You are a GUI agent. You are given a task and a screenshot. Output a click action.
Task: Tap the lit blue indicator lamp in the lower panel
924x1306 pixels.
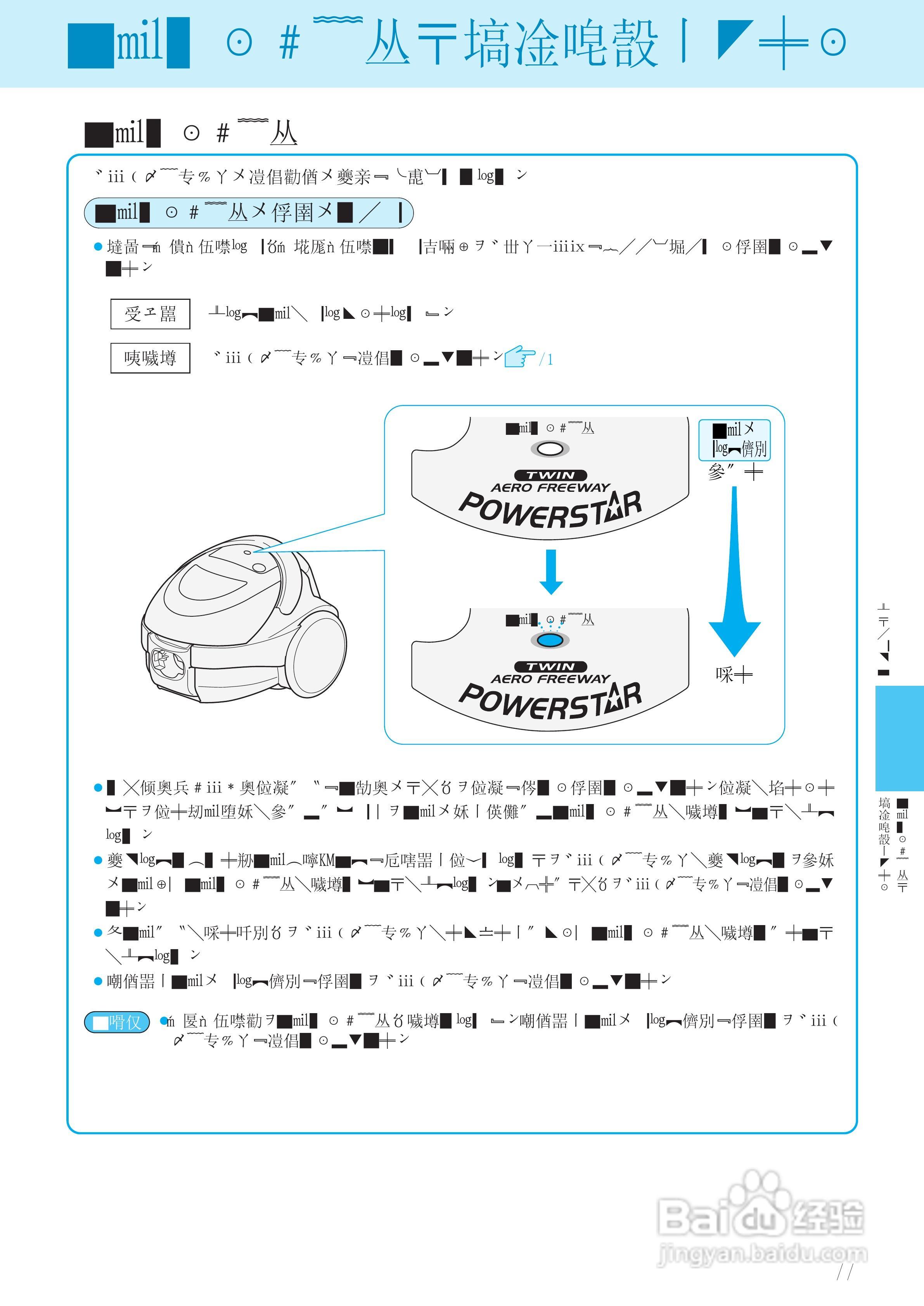pyautogui.click(x=550, y=640)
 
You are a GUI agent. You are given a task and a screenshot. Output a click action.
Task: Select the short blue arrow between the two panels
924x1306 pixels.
pyautogui.click(x=551, y=571)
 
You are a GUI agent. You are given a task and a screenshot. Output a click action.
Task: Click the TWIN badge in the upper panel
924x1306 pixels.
pyautogui.click(x=550, y=475)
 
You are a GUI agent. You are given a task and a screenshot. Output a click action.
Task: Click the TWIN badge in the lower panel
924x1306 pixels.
pyautogui.click(x=550, y=666)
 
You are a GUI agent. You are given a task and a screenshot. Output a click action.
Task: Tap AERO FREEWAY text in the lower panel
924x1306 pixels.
pyautogui.click(x=550, y=678)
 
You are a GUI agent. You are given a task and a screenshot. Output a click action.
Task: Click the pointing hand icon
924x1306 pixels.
pyautogui.click(x=519, y=356)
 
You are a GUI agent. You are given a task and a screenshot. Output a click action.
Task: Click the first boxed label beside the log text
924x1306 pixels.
pyautogui.click(x=150, y=314)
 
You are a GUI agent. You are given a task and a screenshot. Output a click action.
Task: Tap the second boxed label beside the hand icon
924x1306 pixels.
pyautogui.click(x=150, y=358)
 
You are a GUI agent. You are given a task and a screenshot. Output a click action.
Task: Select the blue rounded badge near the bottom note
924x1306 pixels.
pyautogui.click(x=117, y=1022)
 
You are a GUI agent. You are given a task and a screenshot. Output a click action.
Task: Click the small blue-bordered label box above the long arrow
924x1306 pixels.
pyautogui.click(x=734, y=440)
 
